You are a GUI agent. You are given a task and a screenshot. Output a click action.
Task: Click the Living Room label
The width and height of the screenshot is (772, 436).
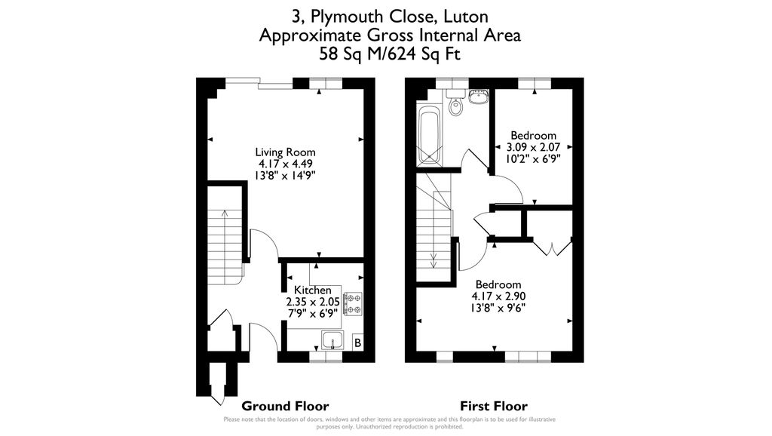[x=285, y=152]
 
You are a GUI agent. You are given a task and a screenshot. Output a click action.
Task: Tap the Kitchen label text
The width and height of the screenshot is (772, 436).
[x=313, y=290]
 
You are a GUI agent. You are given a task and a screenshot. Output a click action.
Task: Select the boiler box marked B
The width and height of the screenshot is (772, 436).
[x=358, y=342]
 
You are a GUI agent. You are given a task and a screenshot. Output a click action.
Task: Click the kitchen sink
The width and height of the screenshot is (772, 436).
[x=332, y=340]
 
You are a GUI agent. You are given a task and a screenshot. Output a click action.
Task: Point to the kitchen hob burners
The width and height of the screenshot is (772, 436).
[x=353, y=303]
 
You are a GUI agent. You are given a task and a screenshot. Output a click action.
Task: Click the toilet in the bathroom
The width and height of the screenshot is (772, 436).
[x=456, y=103]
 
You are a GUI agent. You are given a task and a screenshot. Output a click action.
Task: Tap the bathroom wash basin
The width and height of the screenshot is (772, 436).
[x=478, y=97]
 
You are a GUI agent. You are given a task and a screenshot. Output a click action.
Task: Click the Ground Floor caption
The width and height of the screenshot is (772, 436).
[x=285, y=407]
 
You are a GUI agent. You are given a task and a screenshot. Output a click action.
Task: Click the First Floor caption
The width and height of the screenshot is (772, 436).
[x=494, y=407]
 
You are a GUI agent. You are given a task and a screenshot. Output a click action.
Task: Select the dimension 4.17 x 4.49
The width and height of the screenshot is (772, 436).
[x=286, y=164]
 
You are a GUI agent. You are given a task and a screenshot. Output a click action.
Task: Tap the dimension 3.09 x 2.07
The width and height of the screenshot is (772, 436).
[x=533, y=147]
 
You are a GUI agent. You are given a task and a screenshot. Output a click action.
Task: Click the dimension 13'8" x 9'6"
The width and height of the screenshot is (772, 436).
[x=498, y=308]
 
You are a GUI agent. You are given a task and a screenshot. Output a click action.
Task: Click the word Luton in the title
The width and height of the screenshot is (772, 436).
[x=466, y=17]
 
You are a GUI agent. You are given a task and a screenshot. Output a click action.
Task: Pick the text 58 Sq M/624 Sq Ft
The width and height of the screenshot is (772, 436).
[x=390, y=54]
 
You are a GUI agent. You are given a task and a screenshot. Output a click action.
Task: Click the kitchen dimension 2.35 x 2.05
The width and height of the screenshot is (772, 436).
[x=313, y=302]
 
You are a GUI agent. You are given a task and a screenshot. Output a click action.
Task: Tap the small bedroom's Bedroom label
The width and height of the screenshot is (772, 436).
[x=533, y=136]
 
